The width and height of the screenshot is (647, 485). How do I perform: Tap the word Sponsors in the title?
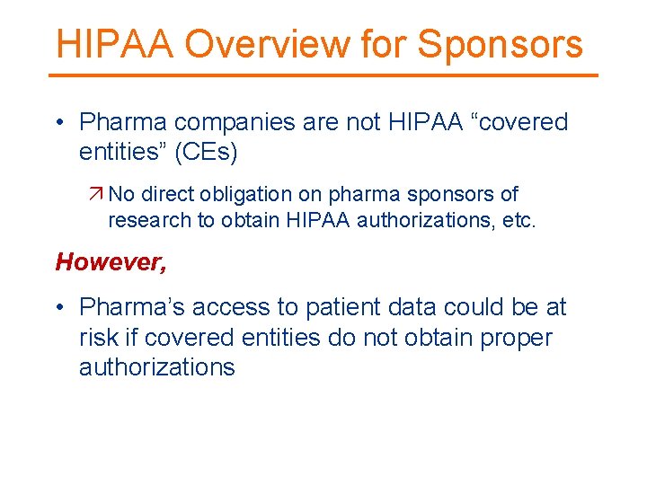pos(500,44)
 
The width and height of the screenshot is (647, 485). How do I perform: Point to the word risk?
pos(97,338)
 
